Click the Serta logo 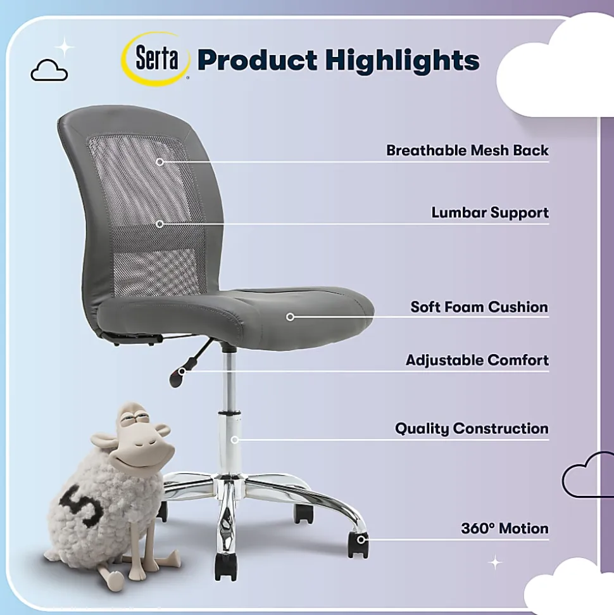[x=156, y=59]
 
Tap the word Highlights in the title [x=403, y=61]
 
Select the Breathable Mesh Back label [x=467, y=150]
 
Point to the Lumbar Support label [x=490, y=213]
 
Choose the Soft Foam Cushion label [x=479, y=307]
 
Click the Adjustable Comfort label [x=477, y=360]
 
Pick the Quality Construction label [x=472, y=428]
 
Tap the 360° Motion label [x=504, y=528]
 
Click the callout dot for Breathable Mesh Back [x=160, y=162]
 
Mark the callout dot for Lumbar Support [x=160, y=224]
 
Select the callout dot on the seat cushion [x=290, y=317]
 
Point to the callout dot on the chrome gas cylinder [x=234, y=440]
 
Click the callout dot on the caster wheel [x=361, y=540]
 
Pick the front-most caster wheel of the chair [x=225, y=566]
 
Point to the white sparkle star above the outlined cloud [x=65, y=48]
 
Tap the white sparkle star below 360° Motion [x=495, y=562]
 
